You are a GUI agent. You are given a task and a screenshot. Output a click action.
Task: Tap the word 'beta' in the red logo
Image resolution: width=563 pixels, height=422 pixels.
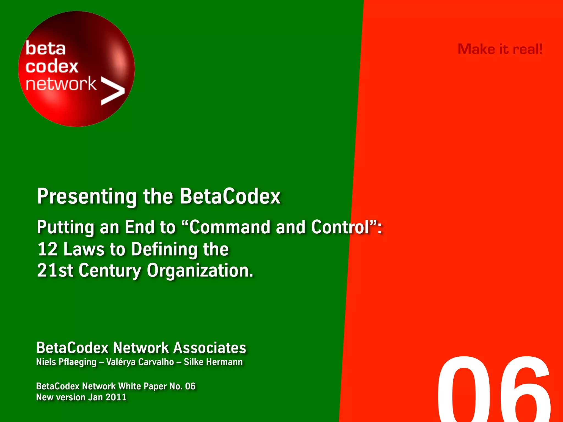point(46,49)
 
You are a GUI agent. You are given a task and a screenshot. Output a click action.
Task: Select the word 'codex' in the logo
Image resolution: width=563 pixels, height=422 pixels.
point(52,66)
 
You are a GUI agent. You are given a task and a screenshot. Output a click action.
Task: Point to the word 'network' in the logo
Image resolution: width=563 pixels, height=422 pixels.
point(61,84)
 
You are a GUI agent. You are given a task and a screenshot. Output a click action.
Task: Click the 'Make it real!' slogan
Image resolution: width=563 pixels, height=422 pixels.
point(500,49)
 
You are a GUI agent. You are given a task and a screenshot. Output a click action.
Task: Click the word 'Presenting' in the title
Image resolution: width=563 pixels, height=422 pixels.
point(87,197)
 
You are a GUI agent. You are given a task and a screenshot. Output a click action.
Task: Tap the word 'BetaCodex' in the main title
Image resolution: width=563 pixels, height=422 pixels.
point(230,197)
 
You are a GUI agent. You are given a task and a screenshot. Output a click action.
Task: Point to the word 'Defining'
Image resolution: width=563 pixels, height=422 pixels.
point(164,249)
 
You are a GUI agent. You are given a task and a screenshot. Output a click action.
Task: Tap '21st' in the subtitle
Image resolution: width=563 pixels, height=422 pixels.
point(55,271)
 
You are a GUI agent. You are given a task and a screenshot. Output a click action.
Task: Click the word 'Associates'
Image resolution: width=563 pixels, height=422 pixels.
point(209,348)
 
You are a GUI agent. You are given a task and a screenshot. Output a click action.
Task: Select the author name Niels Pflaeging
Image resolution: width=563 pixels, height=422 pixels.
point(66,362)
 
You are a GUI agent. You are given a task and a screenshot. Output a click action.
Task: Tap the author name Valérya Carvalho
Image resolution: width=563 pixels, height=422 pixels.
point(140,362)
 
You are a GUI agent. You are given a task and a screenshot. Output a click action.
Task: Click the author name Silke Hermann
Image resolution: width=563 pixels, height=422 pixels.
point(213,362)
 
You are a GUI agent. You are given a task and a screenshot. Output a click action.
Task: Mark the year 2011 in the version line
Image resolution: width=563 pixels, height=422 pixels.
point(116,397)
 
